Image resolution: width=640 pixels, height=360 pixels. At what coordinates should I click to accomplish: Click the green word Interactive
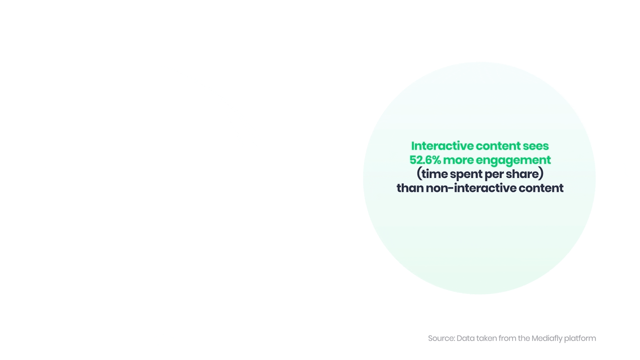[442, 146]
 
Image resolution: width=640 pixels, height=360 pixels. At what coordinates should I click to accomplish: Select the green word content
[498, 146]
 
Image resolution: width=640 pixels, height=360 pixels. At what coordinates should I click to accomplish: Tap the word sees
[535, 146]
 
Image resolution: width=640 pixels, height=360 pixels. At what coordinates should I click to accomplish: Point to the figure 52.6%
[425, 160]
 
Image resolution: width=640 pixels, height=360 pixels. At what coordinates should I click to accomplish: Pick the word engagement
[513, 160]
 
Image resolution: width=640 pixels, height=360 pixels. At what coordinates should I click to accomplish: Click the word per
[493, 174]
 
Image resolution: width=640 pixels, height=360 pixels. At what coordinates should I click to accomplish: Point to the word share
[524, 174]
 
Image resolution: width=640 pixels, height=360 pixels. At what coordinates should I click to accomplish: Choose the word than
[409, 188]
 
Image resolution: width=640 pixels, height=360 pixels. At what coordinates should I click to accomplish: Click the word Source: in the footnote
[441, 338]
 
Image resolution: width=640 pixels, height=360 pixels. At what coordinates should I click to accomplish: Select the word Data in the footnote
[465, 338]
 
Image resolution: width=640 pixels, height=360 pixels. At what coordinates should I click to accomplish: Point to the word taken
[486, 338]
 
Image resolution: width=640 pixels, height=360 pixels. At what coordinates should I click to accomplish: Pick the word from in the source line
[507, 338]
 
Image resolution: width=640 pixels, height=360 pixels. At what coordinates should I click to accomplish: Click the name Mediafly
[547, 338]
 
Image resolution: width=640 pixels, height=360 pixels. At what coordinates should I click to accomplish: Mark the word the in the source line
[524, 338]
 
